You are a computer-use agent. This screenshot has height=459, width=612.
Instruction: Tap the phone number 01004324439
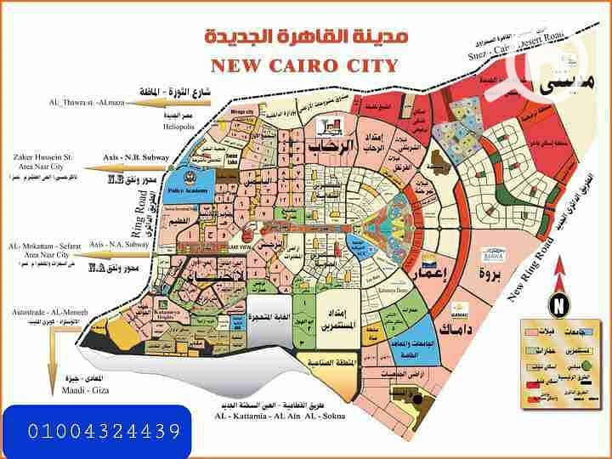[95, 432]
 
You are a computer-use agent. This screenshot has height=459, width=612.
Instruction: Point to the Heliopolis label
[179, 127]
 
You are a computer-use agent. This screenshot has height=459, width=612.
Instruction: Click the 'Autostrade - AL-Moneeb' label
[43, 312]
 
